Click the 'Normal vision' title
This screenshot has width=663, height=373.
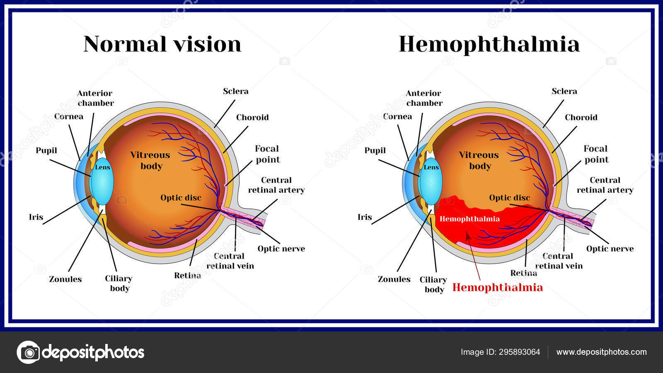click(x=162, y=44)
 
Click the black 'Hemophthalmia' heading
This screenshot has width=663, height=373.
click(x=489, y=44)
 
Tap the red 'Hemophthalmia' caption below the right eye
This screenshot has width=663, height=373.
click(x=497, y=287)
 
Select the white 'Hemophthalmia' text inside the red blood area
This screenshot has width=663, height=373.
click(x=469, y=219)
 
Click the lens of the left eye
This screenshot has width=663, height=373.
click(x=102, y=182)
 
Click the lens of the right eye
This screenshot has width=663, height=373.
click(x=431, y=182)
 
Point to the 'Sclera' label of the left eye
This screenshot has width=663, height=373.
click(x=235, y=91)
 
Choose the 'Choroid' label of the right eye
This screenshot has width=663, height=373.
click(x=581, y=117)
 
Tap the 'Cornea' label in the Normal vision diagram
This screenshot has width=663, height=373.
click(x=69, y=116)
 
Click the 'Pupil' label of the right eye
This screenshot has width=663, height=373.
click(x=375, y=150)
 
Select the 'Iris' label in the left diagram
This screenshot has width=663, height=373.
click(x=36, y=217)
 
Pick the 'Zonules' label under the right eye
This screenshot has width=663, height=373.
click(x=394, y=279)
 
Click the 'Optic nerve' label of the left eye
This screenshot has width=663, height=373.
click(x=281, y=249)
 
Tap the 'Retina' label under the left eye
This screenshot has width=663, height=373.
click(x=187, y=275)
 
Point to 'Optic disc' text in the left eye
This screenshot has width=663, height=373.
click(x=181, y=198)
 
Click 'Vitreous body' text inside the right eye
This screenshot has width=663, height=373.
click(x=479, y=160)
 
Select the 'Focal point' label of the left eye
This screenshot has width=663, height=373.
click(x=267, y=154)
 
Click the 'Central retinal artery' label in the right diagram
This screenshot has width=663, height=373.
click(x=605, y=185)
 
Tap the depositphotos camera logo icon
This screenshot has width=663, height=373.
click(x=29, y=352)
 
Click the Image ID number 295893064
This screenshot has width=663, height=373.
click(x=520, y=352)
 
